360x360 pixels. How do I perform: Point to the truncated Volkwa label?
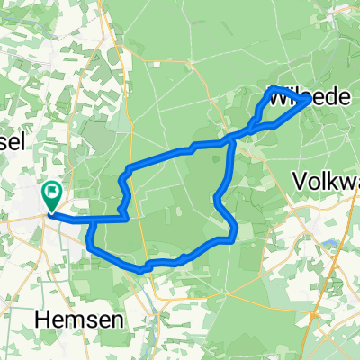[x=327, y=183]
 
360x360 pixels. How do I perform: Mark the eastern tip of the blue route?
[x=310, y=100]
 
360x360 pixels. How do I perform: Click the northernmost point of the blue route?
[x=273, y=87]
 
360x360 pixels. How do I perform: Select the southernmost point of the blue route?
[x=140, y=268]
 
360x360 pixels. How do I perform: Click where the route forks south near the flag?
[x=92, y=220]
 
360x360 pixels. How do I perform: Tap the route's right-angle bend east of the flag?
[x=128, y=217]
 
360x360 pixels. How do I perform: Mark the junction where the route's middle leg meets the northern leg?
[x=232, y=139]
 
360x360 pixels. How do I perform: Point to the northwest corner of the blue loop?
[x=128, y=169]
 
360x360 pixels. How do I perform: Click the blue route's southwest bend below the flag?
[x=90, y=241]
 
